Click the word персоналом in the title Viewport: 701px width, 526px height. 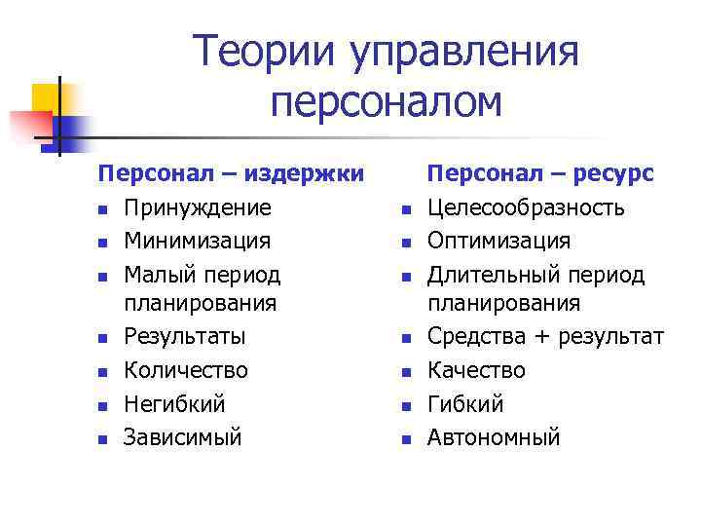tap(387, 102)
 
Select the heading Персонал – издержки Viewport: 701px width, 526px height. tap(231, 174)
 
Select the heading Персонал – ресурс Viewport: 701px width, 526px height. tap(542, 174)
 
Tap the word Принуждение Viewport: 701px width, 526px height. tap(198, 207)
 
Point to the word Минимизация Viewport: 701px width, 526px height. tap(198, 241)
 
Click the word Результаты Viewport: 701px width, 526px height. tap(185, 337)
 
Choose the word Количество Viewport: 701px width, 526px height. tap(185, 370)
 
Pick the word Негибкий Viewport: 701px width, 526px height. tap(174, 403)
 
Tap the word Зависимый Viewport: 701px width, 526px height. tap(182, 436)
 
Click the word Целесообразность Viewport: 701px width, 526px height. tap(527, 207)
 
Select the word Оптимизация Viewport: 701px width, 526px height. tap(499, 241)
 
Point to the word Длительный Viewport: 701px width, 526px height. tap(488, 275)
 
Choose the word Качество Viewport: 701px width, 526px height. tap(476, 370)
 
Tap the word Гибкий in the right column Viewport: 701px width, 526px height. tap(465, 403)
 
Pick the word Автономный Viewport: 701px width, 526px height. tap(494, 436)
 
